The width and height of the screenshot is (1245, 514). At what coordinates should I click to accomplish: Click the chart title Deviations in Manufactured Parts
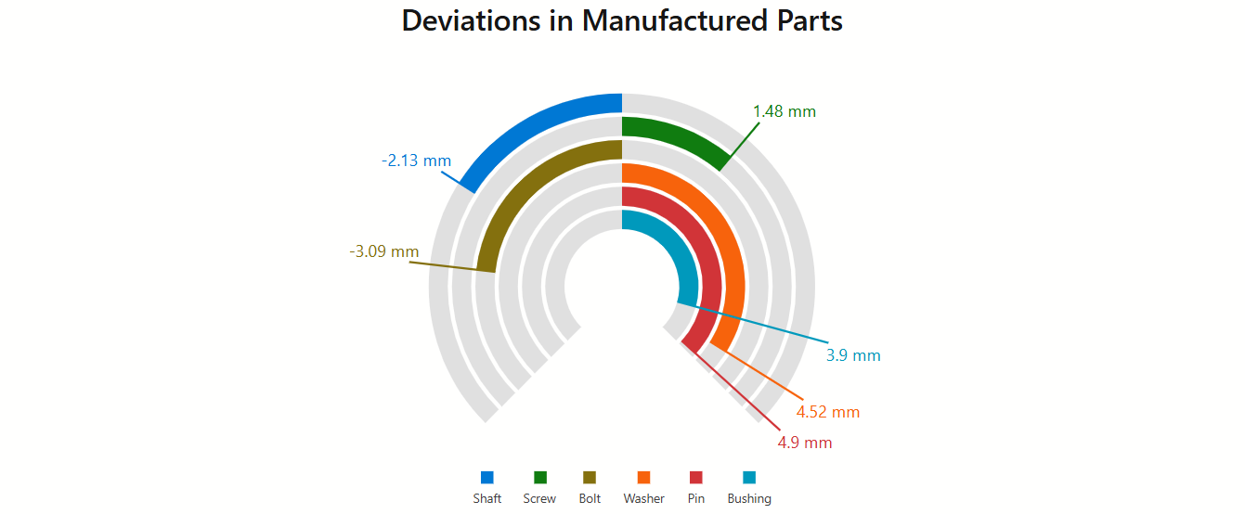tap(622, 21)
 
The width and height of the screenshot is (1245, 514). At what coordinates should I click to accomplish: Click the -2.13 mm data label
tap(416, 161)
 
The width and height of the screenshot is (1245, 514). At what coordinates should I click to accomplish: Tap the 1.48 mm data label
tap(785, 111)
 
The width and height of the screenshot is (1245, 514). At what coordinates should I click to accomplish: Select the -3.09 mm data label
tap(384, 251)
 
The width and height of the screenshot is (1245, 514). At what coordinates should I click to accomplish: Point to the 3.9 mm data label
tap(853, 355)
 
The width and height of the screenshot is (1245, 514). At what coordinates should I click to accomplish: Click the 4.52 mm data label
tap(828, 412)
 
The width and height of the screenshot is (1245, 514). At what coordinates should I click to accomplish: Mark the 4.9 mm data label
tap(805, 443)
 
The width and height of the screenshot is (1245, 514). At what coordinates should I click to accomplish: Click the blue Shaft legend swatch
tap(486, 477)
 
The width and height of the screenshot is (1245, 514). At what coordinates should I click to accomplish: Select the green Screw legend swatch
tap(540, 477)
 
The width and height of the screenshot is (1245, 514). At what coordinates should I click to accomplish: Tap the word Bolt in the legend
tap(590, 498)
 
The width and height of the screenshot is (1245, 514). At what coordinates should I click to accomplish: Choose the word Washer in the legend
tap(643, 498)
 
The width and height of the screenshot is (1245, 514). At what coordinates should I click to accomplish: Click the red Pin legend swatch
tap(696, 477)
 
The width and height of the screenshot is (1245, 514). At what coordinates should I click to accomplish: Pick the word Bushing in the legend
tap(749, 499)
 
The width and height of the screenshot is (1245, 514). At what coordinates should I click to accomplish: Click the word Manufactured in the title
tap(675, 21)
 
